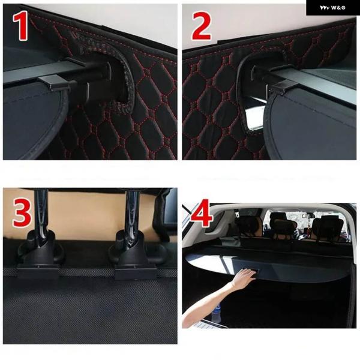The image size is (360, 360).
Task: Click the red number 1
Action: (20, 26)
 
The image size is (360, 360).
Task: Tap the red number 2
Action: (202, 26)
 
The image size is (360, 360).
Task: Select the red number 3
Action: (22, 212)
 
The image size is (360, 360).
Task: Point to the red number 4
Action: (202, 213)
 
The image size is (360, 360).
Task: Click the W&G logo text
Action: (332, 8)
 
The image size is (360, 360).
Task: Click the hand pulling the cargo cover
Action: (244, 278)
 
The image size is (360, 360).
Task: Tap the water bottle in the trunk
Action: (216, 313)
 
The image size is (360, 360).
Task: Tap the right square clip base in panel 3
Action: (136, 272)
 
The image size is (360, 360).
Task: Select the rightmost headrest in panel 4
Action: (328, 227)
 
